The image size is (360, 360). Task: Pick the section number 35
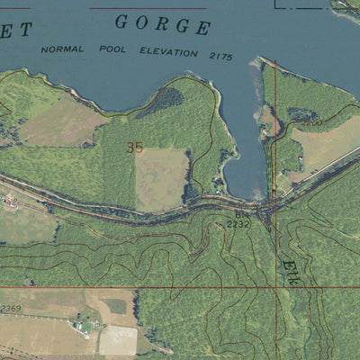[x=135, y=148]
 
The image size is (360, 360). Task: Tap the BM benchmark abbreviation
[x=241, y=216]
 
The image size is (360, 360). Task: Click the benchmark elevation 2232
[x=238, y=225]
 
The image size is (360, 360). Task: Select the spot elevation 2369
[x=10, y=309]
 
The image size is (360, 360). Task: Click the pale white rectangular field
[x=117, y=339]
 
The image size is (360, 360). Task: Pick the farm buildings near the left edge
[x=11, y=201]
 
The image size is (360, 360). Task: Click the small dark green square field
[x=113, y=306]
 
